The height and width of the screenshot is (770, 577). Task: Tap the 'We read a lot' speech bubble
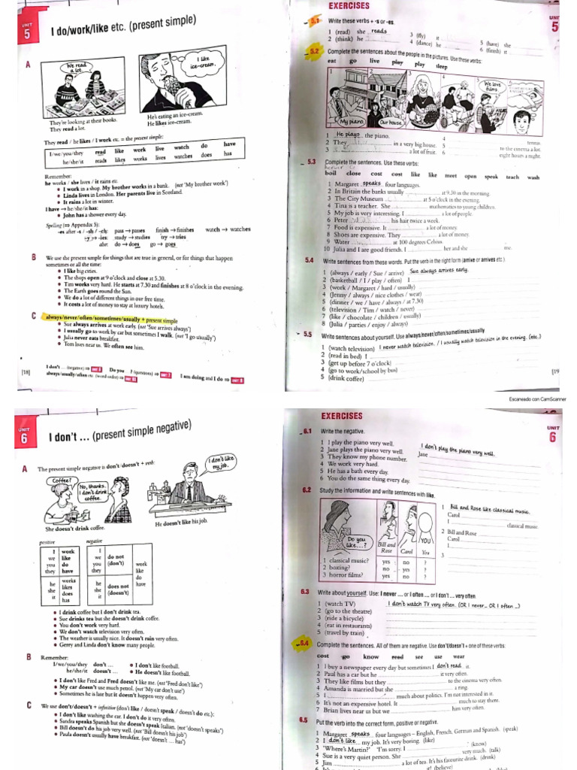(x=80, y=68)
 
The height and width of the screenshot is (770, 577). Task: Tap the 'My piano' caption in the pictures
(x=352, y=121)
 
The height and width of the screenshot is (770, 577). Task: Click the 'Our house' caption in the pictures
(x=391, y=121)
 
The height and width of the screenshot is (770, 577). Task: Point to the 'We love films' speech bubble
(x=493, y=89)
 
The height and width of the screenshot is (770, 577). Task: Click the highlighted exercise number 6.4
(x=305, y=644)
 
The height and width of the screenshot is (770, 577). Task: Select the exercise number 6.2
(x=307, y=490)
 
